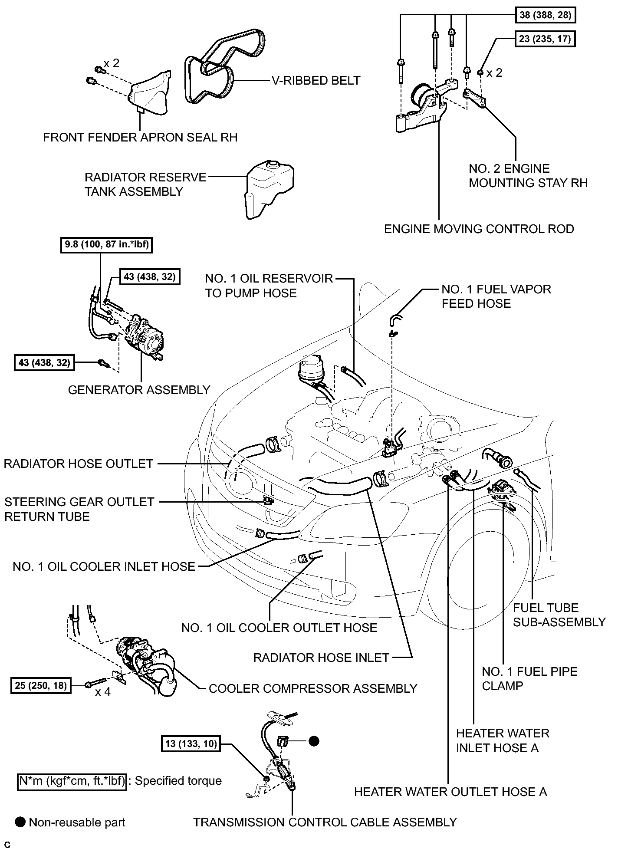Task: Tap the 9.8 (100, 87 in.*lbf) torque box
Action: pos(107,244)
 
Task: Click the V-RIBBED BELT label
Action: pos(316,80)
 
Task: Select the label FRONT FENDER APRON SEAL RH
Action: pos(141,138)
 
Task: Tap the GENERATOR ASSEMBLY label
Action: pos(139,390)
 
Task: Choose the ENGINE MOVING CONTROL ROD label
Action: pos(479,229)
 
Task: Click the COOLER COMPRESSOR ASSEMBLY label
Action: pos(313,688)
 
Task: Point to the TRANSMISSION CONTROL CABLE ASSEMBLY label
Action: pos(325,822)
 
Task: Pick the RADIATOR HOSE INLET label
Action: pos(321,658)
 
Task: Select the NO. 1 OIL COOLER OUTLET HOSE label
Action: pos(279,628)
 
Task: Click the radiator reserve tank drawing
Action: pos(269,189)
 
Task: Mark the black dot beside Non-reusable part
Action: pos(20,822)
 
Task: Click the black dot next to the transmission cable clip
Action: pos(314,741)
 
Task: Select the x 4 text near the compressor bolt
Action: pos(103,691)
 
